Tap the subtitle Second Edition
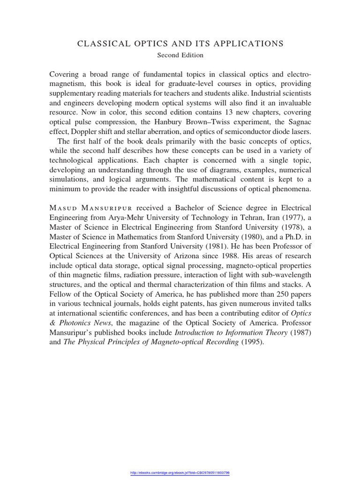pyautogui.click(x=180, y=55)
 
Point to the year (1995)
pyautogui.click(x=253, y=342)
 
